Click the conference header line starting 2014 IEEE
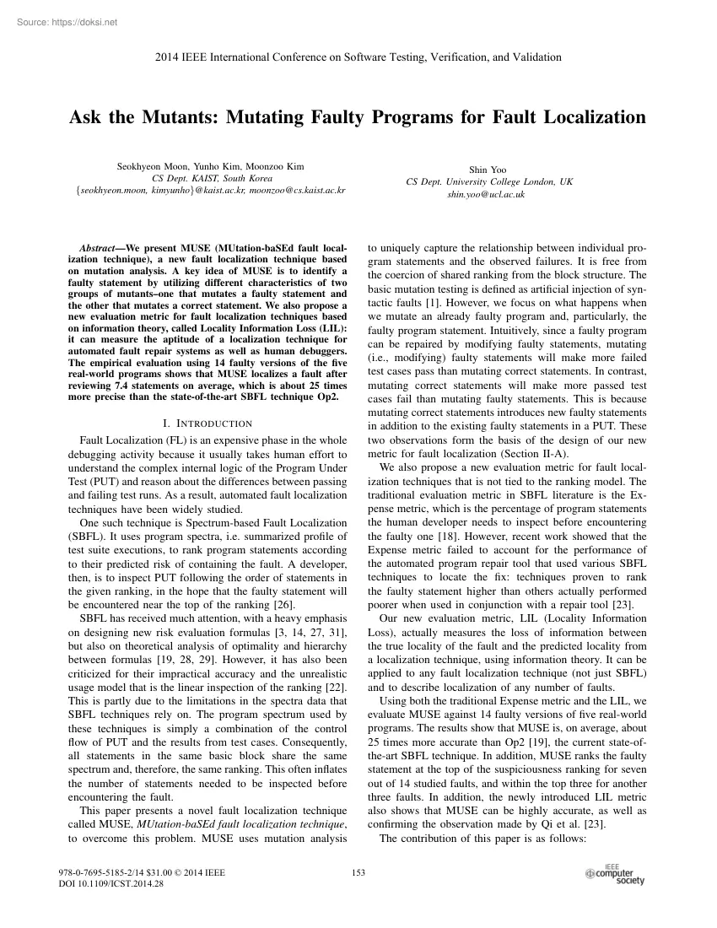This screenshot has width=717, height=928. tap(358, 57)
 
